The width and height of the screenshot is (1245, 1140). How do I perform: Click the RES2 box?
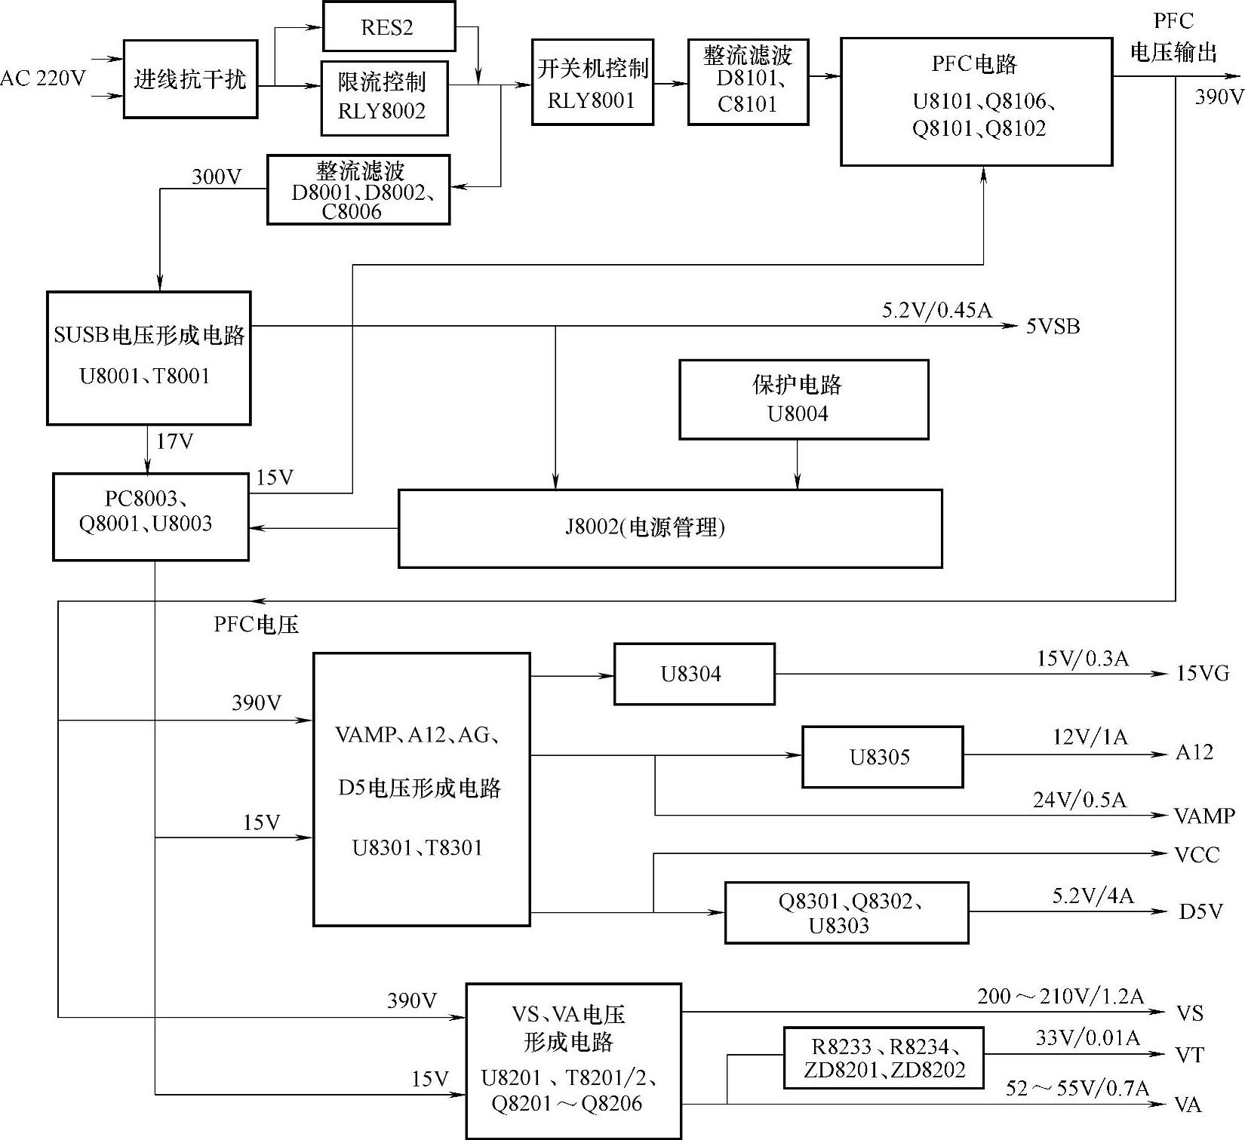[x=389, y=27]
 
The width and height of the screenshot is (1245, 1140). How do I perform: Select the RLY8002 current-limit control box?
[x=384, y=98]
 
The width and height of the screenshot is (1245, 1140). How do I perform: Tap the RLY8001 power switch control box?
[x=592, y=82]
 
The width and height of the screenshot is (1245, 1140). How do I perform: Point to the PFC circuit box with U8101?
[x=976, y=102]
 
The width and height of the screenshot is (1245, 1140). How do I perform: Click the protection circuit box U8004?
[x=804, y=399]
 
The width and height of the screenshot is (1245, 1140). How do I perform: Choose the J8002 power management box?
[x=669, y=528]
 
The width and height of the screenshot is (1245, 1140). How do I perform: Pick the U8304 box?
[x=694, y=674]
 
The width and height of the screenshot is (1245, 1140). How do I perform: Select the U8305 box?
[x=882, y=757]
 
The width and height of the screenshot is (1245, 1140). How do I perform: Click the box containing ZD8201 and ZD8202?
[x=884, y=1058]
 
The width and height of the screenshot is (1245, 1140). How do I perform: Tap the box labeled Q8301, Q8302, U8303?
[x=847, y=913]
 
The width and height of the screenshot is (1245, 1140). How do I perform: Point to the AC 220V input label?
[x=43, y=78]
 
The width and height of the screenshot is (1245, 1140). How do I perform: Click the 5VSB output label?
[x=1053, y=327]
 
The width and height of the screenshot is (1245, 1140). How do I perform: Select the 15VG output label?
[x=1203, y=673]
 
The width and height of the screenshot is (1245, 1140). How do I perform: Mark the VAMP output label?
[x=1204, y=816]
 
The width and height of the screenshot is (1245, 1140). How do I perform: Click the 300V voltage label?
[x=217, y=177]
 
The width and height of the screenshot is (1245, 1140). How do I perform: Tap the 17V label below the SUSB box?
[x=175, y=441]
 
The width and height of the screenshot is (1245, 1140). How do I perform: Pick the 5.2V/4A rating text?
[x=1093, y=896]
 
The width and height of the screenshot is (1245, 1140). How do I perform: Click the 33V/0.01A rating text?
[x=1087, y=1038]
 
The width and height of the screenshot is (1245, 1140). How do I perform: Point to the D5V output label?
[x=1200, y=911]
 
